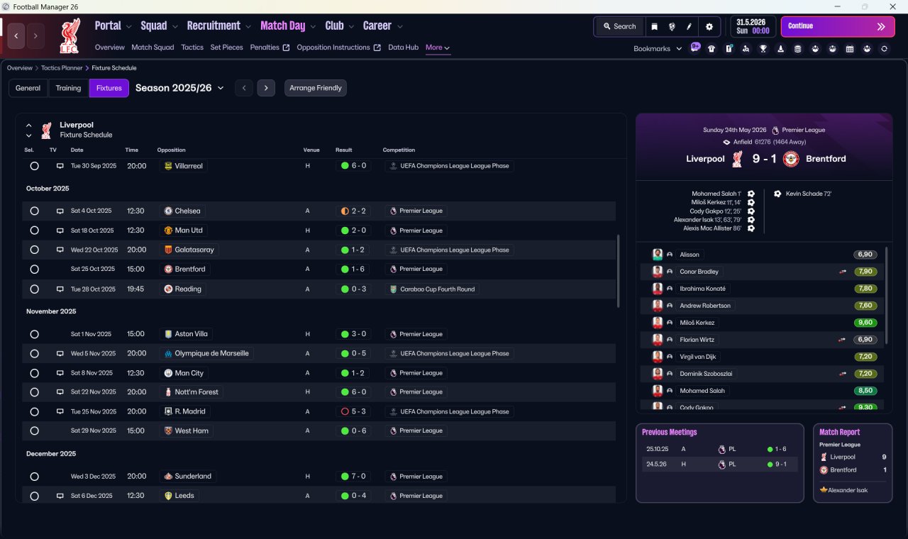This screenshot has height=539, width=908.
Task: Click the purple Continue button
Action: point(838,26)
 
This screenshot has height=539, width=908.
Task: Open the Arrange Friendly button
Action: point(316,88)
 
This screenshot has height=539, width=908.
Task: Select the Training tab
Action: point(68,88)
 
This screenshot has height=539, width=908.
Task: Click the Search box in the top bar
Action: point(619,26)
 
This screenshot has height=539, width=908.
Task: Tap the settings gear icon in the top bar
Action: point(709,27)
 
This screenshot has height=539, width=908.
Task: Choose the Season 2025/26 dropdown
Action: point(179,88)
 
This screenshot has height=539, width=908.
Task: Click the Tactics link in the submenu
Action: point(192,48)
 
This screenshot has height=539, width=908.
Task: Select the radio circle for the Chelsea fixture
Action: point(35,211)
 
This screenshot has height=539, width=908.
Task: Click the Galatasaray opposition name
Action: point(194,250)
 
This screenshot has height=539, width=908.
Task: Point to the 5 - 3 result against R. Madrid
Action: point(353,411)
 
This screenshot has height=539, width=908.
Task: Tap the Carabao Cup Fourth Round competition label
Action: point(438,289)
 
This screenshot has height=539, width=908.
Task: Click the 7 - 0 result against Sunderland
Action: point(353,476)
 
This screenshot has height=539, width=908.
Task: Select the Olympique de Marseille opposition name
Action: point(211,353)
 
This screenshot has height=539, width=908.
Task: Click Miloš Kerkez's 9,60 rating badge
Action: point(865,323)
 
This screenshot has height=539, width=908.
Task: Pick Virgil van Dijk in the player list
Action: point(697,357)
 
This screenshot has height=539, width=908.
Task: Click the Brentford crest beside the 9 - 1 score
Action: point(791,159)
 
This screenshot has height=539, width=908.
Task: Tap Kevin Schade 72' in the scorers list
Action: point(808,194)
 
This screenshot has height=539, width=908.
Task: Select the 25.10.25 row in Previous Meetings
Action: point(720,449)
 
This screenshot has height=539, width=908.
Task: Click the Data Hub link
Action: point(403,48)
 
